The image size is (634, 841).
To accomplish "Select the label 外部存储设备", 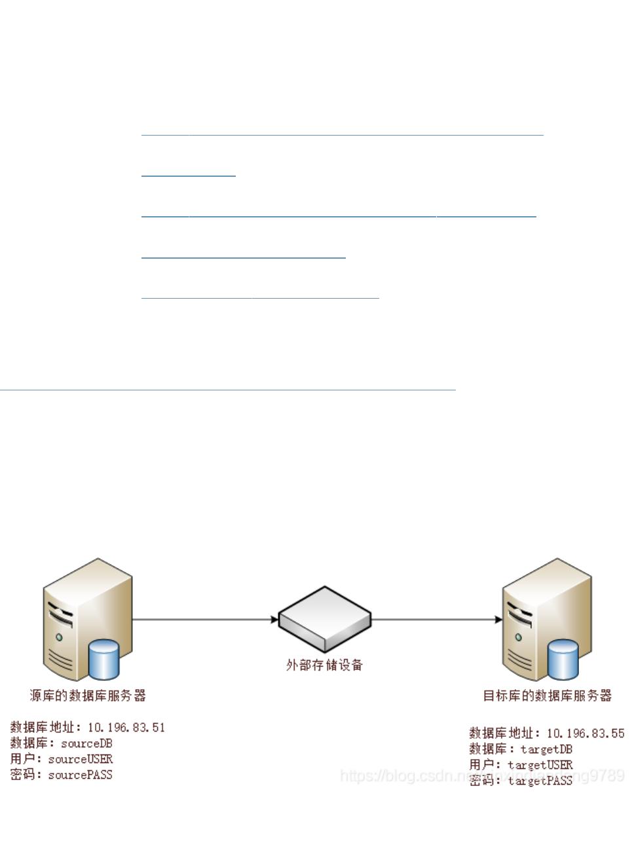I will coord(325,665).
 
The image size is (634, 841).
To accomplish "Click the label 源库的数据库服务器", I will coord(88,695).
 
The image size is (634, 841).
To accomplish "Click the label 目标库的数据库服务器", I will coord(547,695).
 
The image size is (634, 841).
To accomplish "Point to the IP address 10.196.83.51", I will coord(126,727).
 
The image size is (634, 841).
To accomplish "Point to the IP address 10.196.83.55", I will coord(586,733).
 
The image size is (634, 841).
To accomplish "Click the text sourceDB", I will coord(87,743).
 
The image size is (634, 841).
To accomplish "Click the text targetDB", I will coord(546,749).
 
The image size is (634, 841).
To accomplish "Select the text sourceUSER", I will coord(81,759).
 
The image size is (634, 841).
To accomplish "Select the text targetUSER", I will coord(540,764).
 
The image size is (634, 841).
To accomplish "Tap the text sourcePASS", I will coord(81,775).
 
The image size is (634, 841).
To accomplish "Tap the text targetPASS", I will coord(540,780).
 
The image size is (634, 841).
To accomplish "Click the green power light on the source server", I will coord(59,636).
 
